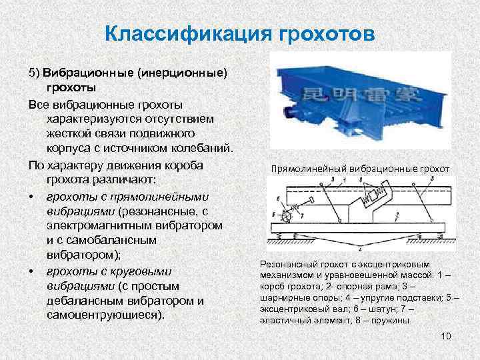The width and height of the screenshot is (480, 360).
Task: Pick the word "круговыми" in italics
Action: pyautogui.click(x=143, y=271)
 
